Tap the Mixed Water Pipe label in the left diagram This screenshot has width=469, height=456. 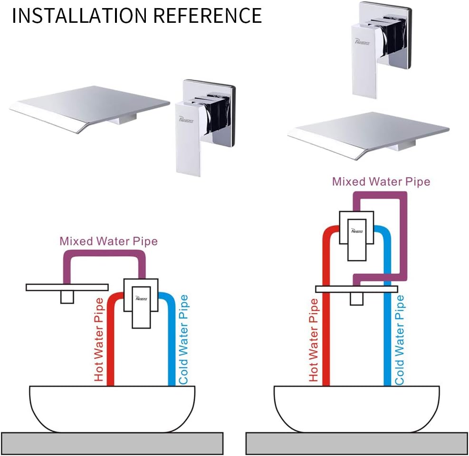point(108,241)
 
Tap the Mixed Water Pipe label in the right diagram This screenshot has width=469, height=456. point(381,181)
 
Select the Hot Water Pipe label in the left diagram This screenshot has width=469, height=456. point(99,340)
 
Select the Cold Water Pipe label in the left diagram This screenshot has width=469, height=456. point(183,340)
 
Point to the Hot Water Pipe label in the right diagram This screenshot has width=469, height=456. point(314,340)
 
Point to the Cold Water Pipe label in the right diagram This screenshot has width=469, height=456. point(400,340)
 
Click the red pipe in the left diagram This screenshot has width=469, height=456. point(110,351)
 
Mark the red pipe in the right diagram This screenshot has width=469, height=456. point(326,342)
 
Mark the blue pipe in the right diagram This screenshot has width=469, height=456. point(388,342)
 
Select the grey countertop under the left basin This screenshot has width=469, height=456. point(112,443)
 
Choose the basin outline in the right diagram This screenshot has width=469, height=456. point(356,408)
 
